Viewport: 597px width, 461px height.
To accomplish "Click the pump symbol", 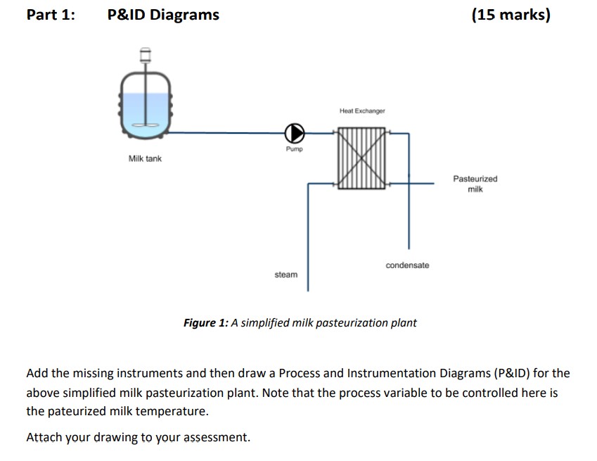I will tap(295, 132).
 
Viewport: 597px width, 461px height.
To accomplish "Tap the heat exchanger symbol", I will tap(361, 158).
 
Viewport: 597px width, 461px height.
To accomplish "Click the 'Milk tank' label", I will tap(145, 159).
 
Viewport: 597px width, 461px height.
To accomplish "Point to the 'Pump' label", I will tap(294, 149).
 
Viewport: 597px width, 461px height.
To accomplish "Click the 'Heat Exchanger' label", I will tap(361, 111).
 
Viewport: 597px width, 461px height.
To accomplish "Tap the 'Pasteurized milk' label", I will tap(475, 184).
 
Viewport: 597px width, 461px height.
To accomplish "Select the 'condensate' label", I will tap(406, 265).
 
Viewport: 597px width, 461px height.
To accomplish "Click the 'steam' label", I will tap(285, 274).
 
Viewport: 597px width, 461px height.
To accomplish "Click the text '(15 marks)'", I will tap(511, 15).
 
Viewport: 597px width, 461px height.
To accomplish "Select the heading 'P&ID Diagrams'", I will tap(163, 15).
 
